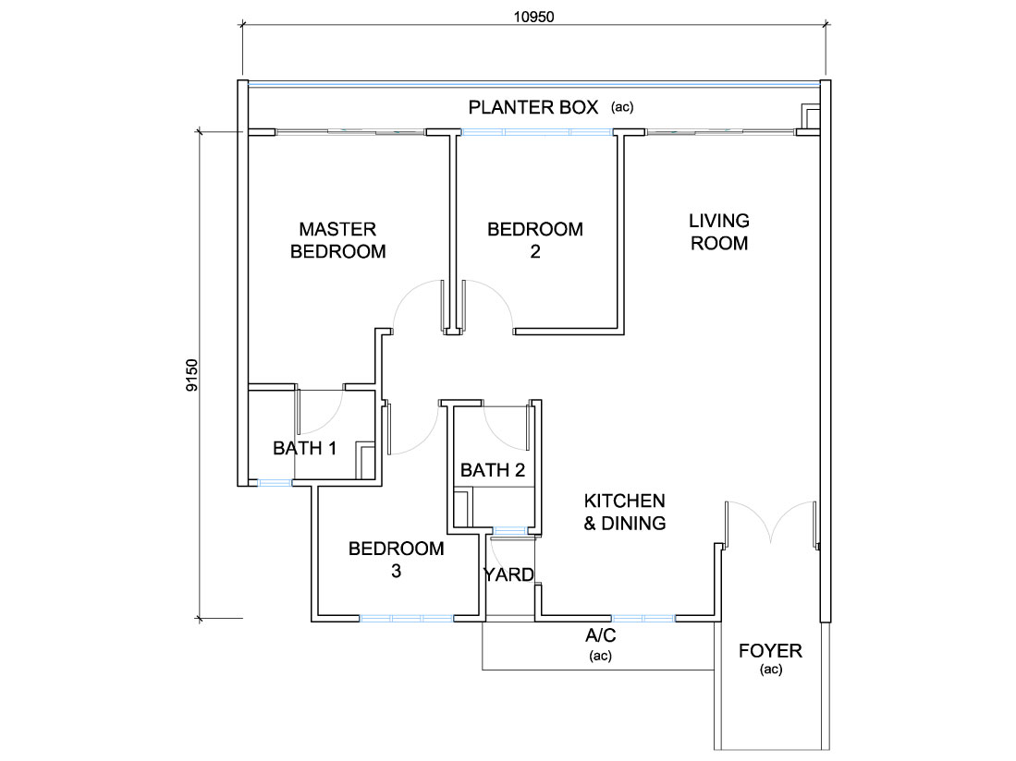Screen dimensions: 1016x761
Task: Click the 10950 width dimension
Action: tap(534, 17)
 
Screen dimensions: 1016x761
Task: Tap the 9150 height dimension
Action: tap(191, 375)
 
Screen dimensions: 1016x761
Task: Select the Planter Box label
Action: tap(533, 107)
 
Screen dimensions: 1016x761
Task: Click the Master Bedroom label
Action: tap(337, 240)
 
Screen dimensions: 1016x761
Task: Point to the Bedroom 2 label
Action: tap(535, 240)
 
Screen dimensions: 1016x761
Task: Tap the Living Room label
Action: tap(719, 232)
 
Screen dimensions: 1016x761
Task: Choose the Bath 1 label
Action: tap(304, 448)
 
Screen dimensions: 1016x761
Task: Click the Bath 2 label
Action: tap(493, 470)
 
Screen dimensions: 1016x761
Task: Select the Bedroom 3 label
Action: tap(396, 560)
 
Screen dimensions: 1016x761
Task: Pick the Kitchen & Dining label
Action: tap(625, 512)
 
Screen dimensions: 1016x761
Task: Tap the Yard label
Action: tap(508, 574)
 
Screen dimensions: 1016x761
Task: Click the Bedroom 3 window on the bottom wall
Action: tap(406, 619)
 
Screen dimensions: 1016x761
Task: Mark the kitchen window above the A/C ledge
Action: tap(643, 619)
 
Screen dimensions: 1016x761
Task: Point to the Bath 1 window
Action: tap(275, 483)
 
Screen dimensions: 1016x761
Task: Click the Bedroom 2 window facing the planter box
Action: tap(536, 132)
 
